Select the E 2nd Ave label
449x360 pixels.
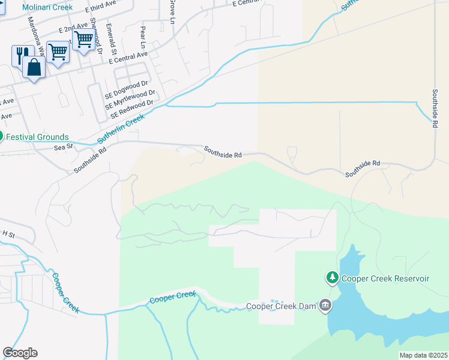(73, 29)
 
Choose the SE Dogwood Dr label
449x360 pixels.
(126, 87)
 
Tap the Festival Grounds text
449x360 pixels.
(38, 137)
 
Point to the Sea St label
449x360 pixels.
(62, 146)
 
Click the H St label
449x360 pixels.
(8, 233)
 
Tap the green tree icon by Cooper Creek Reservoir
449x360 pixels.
(332, 278)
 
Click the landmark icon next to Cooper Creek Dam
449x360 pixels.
(325, 306)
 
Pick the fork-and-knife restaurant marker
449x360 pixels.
(20, 55)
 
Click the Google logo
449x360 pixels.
(20, 353)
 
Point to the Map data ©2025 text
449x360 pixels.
(423, 355)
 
